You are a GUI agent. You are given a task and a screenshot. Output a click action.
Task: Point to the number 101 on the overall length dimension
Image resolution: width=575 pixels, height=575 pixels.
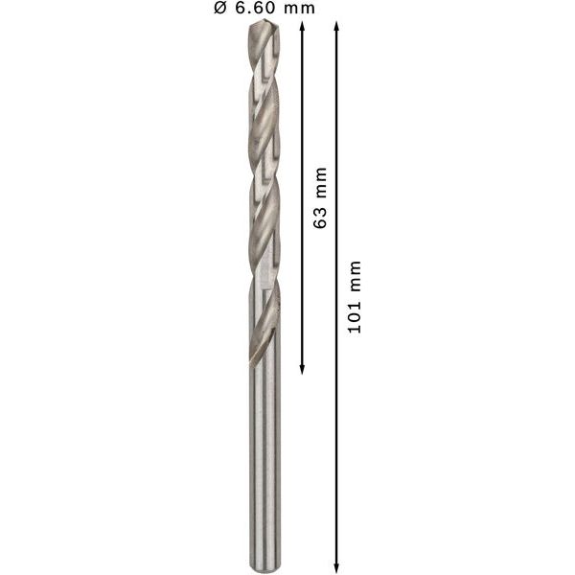[355, 318]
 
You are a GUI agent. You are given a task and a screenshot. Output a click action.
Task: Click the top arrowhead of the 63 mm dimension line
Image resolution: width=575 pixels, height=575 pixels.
[302, 27]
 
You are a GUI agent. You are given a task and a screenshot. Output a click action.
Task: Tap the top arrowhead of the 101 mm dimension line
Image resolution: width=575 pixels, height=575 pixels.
[336, 27]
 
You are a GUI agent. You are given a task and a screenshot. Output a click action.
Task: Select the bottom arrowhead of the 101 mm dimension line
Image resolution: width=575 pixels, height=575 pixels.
[336, 565]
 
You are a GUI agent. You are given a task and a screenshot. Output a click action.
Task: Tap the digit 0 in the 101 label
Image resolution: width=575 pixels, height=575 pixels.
[355, 318]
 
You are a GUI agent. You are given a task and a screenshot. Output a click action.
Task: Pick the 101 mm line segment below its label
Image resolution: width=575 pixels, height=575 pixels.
[336, 450]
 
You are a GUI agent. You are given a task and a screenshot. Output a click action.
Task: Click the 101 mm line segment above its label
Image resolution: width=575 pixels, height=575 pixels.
[336, 144]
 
